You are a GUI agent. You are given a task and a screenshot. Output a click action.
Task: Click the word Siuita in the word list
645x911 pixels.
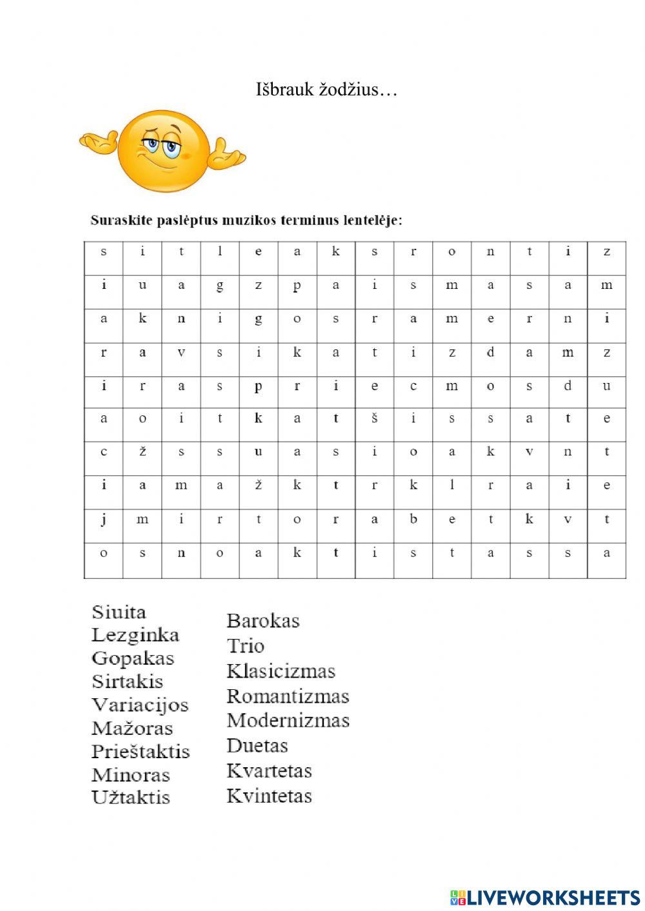tap(119, 612)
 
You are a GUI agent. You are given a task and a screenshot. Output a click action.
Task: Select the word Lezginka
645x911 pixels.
tap(135, 635)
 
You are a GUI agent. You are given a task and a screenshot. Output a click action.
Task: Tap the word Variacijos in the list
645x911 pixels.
tap(140, 705)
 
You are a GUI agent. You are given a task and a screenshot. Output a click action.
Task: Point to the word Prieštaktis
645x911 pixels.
tap(141, 752)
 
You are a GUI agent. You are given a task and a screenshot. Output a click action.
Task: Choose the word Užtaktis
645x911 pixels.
tap(131, 798)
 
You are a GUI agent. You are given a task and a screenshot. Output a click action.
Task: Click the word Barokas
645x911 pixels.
tap(263, 621)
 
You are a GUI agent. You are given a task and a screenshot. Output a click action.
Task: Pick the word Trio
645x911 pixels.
tap(246, 646)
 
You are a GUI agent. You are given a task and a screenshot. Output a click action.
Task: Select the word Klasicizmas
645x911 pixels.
tap(281, 671)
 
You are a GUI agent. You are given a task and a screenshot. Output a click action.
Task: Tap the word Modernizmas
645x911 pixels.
tap(288, 720)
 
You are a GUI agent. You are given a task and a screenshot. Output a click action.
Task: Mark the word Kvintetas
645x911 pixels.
tap(269, 796)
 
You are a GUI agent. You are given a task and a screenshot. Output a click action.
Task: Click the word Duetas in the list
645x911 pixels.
tap(257, 746)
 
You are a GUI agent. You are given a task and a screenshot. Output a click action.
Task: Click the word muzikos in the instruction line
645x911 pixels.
tap(250, 220)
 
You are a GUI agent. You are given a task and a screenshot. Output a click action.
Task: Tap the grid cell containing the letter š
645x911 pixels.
tap(374, 418)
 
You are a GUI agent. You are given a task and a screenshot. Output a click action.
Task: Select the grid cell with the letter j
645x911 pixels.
tap(104, 520)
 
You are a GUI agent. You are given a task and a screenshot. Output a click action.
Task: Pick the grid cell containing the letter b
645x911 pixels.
tap(413, 520)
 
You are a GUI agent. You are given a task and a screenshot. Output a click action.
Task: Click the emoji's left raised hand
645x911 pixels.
tap(99, 142)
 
